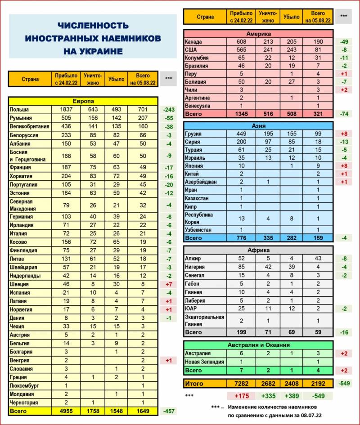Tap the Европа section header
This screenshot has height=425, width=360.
click(83, 101)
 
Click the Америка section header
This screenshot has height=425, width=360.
click(258, 34)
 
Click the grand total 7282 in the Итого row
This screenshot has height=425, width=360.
click(238, 384)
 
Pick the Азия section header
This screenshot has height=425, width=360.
click(258, 126)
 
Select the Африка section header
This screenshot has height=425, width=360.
click(258, 250)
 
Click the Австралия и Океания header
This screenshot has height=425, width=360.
click(258, 345)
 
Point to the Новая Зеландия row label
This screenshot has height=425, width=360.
click(205, 362)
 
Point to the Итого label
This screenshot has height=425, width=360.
click(194, 384)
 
